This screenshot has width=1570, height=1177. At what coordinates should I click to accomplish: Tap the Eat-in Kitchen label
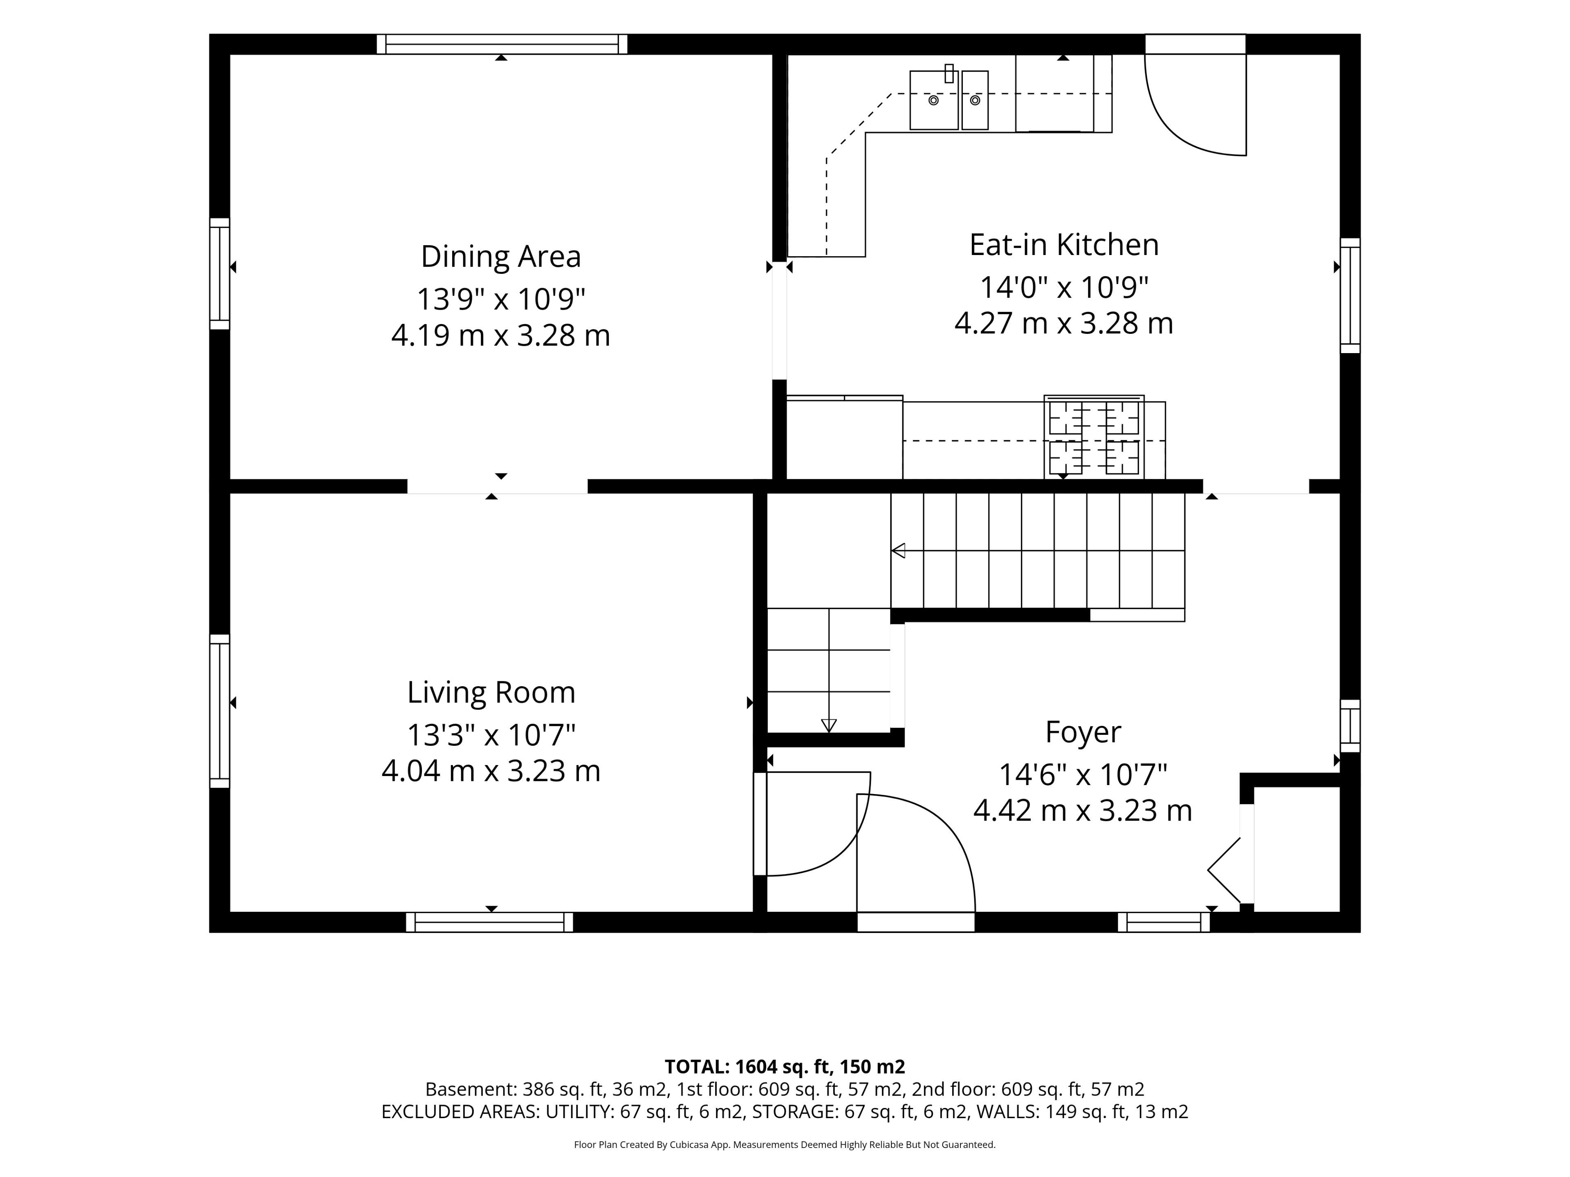1064,245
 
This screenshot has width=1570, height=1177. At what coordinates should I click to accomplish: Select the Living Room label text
491,692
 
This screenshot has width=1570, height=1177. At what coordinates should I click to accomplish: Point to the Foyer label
1083,733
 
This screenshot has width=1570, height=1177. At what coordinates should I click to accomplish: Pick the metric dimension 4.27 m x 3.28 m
1064,324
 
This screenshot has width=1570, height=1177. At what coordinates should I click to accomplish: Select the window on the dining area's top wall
502,44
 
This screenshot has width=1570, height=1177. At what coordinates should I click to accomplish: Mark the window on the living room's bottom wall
490,922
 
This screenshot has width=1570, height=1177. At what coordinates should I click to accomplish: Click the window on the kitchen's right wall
1350,295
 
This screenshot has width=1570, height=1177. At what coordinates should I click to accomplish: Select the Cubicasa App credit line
785,1144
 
